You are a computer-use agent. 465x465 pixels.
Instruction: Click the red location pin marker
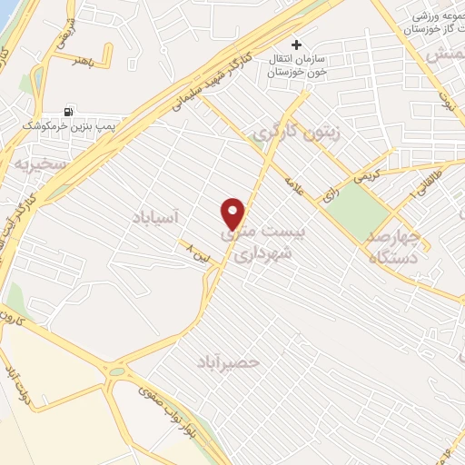click(234, 213)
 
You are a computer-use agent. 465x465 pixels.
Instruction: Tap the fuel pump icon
click(70, 111)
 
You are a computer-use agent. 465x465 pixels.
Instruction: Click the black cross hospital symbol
click(295, 44)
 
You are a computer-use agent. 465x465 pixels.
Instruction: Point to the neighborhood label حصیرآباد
click(228, 362)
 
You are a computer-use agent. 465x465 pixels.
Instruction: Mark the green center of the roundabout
click(117, 371)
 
